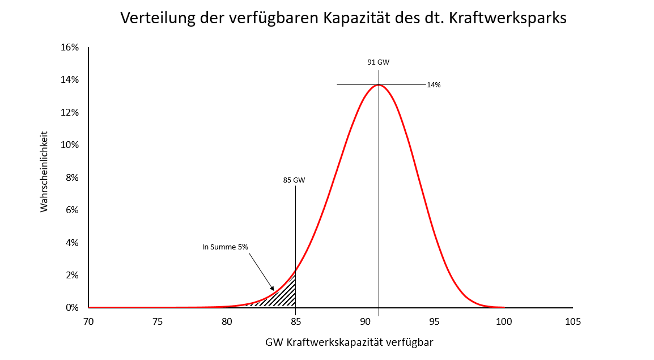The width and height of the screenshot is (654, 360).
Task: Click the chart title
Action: (x=343, y=18)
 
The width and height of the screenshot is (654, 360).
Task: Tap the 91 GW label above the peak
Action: (x=379, y=62)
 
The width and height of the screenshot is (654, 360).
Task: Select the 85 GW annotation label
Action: (x=294, y=180)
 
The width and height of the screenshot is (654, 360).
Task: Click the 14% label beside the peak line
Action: (x=434, y=85)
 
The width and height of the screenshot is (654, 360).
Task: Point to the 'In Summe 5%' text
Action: (x=225, y=247)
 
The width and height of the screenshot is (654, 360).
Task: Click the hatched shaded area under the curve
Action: (x=285, y=295)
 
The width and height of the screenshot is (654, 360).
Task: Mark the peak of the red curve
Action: (x=379, y=85)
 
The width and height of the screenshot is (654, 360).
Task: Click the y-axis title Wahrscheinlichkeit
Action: (x=44, y=172)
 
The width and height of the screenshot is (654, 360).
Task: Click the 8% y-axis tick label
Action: (x=71, y=177)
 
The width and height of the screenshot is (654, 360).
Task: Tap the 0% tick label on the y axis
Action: (x=71, y=308)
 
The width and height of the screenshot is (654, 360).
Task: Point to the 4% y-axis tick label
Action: (x=71, y=243)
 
